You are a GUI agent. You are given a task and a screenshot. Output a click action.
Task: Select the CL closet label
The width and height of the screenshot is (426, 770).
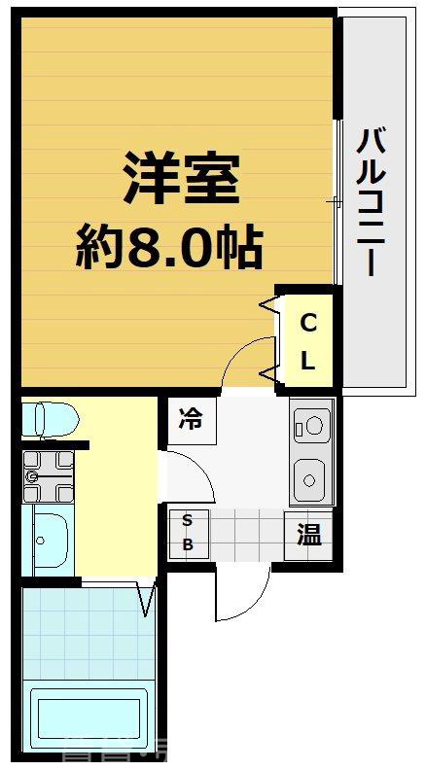point(307,341)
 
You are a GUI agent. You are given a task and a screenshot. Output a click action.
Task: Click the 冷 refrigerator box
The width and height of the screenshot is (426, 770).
point(192,421)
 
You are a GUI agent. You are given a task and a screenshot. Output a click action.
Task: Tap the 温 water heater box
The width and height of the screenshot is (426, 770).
point(308,535)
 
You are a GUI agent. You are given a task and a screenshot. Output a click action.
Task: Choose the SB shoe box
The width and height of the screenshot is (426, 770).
point(188,533)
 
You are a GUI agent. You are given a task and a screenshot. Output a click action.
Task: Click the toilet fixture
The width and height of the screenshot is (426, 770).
point(49,419)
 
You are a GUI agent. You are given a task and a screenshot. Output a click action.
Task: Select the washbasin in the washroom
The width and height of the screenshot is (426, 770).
point(48,539)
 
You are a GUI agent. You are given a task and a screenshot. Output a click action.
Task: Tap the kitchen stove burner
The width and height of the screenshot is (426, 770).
point(312,424)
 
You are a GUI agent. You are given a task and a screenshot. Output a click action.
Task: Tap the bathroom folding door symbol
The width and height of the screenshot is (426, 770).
point(147,598)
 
